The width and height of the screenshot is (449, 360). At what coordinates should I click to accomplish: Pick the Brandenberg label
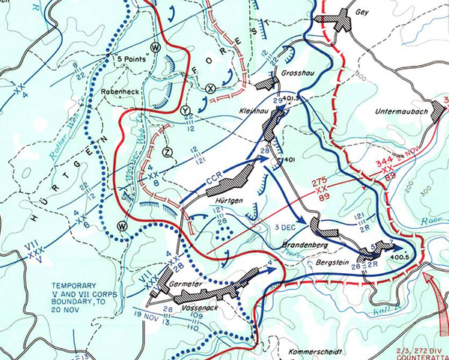point(305,245)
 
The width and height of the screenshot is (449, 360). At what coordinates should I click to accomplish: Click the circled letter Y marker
point(186,110)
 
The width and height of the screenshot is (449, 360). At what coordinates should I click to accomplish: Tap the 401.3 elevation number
point(292,98)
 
